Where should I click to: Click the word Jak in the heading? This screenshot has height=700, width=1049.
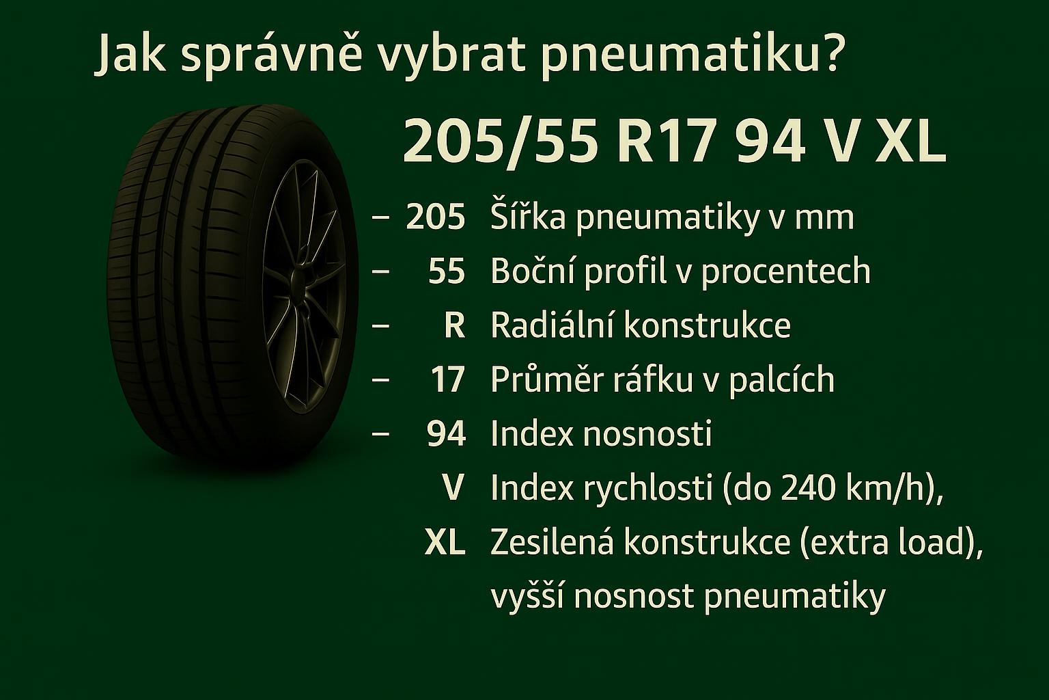pyautogui.click(x=130, y=53)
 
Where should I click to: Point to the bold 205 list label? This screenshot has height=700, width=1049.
pyautogui.click(x=436, y=217)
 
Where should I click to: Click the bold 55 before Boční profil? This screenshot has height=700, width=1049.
pyautogui.click(x=446, y=271)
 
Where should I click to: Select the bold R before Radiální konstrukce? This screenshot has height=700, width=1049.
pyautogui.click(x=454, y=325)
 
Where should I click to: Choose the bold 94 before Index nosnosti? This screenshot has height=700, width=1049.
pyautogui.click(x=446, y=433)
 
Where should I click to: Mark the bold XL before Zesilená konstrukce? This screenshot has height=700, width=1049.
pyautogui.click(x=445, y=543)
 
